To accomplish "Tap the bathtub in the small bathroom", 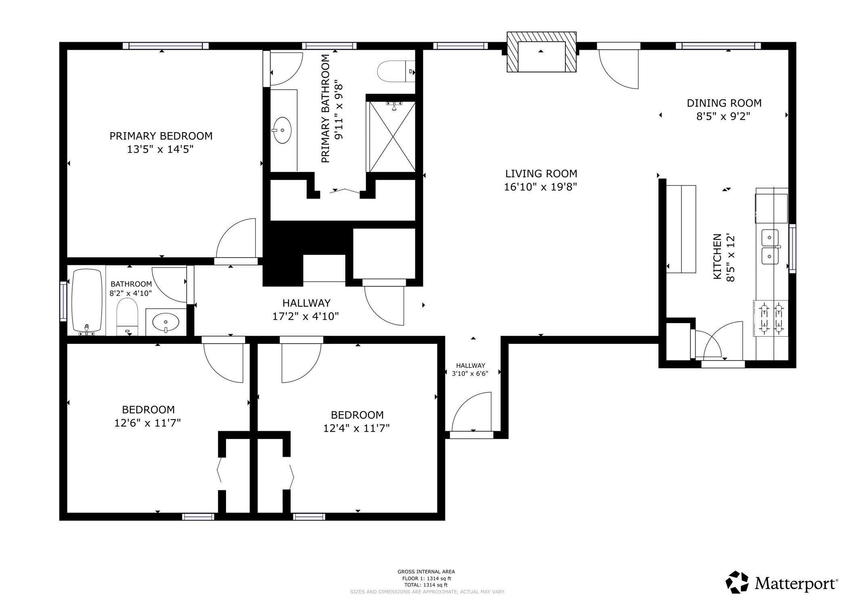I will click(87, 301).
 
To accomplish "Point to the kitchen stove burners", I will click(771, 319).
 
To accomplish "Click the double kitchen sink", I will click(770, 246).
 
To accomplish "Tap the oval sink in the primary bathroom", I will click(282, 130).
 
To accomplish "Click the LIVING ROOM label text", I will click(541, 174).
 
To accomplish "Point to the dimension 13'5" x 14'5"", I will click(160, 149).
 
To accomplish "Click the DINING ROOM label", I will click(724, 103).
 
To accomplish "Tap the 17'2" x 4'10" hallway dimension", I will click(305, 316).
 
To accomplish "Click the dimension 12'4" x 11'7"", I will click(356, 428).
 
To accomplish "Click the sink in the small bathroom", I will click(166, 322).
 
